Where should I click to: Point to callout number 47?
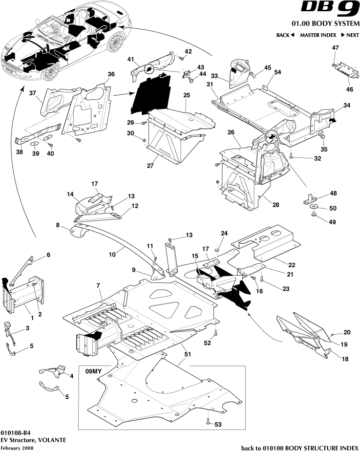click(x=335, y=47)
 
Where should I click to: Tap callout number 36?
click(x=111, y=74)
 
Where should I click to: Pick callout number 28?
click(x=275, y=205)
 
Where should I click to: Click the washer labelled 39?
click(x=35, y=145)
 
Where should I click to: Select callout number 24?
click(x=224, y=233)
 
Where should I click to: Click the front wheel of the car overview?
click(x=49, y=73)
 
